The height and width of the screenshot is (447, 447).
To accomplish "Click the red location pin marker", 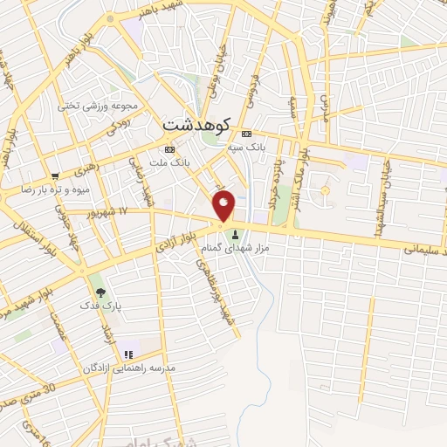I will coord(224,204).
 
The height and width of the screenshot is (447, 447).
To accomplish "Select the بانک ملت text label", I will coord(169,163).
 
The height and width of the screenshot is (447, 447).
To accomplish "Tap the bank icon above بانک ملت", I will coord(169,149).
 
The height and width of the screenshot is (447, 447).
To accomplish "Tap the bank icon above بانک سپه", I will coord(246,134).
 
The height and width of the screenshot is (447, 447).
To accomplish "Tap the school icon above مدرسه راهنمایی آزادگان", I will coord(129,354).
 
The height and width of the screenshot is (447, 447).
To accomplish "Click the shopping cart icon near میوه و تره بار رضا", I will coord(55,175).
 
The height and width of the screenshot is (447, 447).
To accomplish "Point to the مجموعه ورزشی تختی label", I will coord(99,106).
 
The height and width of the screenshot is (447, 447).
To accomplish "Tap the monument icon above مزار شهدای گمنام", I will coord(235,234).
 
